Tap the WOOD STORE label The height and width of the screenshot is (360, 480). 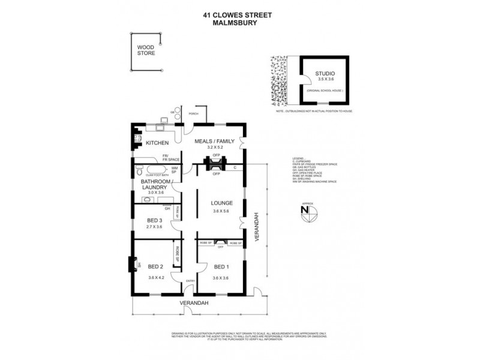point(146,50)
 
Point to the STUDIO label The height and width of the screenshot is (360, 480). point(325,74)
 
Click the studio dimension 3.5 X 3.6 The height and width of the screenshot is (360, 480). point(325,80)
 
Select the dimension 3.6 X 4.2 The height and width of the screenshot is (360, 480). point(156,277)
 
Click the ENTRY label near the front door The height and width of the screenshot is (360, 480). point(190,281)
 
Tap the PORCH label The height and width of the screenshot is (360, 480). point(193,113)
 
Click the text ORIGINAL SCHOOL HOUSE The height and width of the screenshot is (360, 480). point(325,89)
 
